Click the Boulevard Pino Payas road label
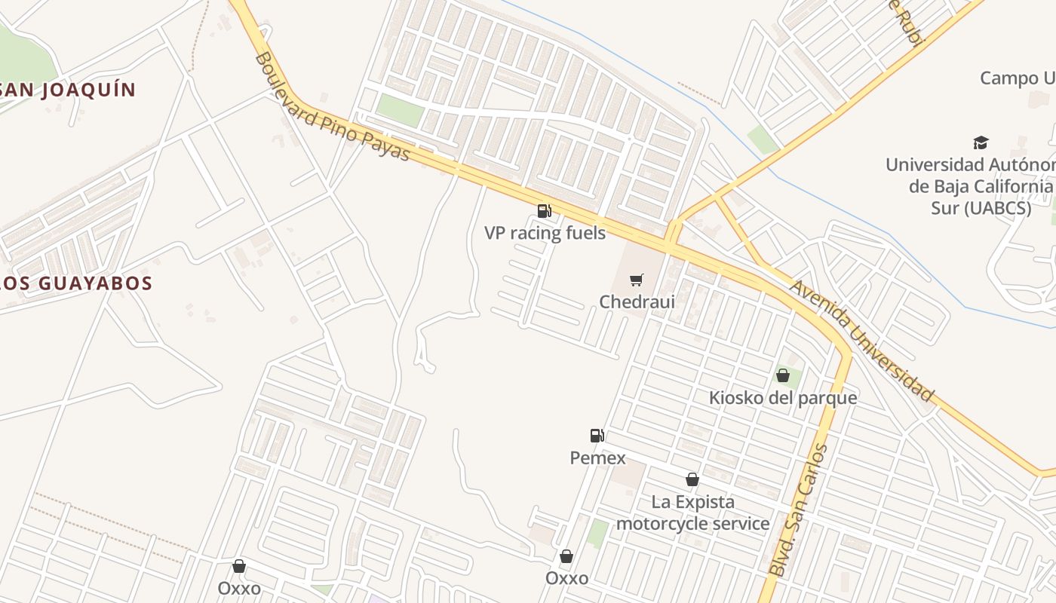click(x=333, y=106)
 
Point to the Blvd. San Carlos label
click(x=800, y=510)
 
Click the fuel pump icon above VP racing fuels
click(x=545, y=211)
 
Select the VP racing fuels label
click(x=545, y=233)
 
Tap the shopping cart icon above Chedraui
click(x=637, y=280)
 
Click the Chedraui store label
click(x=637, y=301)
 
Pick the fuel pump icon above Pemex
click(x=597, y=435)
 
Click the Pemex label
click(x=597, y=458)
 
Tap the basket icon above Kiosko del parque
click(x=783, y=375)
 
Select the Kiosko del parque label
click(x=783, y=397)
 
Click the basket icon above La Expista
click(x=692, y=479)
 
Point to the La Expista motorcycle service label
click(x=692, y=513)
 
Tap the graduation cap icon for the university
click(x=981, y=142)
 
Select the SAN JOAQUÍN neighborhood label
click(x=68, y=90)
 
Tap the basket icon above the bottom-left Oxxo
click(x=239, y=566)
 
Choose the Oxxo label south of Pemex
click(x=566, y=578)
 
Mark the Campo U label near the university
click(x=1017, y=78)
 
